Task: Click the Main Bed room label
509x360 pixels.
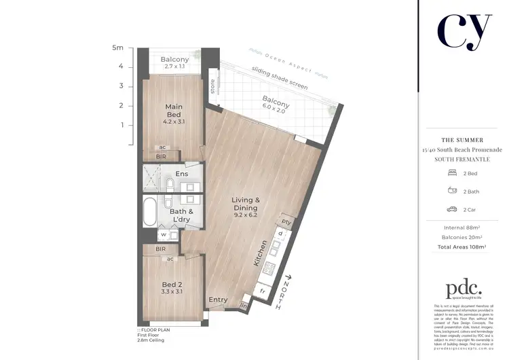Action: tap(175, 111)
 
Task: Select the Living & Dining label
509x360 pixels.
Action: tap(246, 204)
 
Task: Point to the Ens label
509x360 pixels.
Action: tap(181, 174)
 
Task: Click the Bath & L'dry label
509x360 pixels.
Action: tap(181, 215)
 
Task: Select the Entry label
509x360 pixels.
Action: tap(218, 300)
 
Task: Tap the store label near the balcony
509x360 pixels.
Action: tap(212, 87)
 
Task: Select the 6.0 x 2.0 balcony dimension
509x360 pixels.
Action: tap(276, 114)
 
